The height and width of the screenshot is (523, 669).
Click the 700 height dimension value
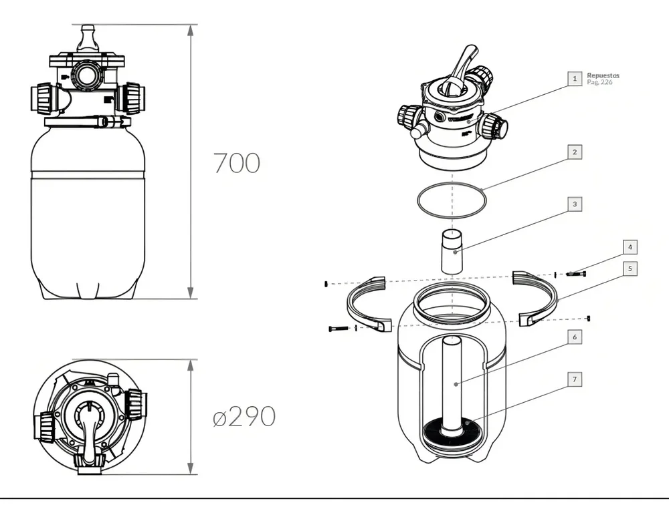pyautogui.click(x=236, y=163)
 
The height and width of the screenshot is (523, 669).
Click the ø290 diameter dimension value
pyautogui.click(x=244, y=417)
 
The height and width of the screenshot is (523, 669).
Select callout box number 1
pyautogui.click(x=574, y=78)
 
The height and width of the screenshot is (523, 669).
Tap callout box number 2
pyautogui.click(x=574, y=152)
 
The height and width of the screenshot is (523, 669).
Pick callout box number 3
pyautogui.click(x=574, y=203)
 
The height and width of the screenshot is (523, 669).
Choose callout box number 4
pyautogui.click(x=630, y=247)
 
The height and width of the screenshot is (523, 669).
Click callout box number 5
pyautogui.click(x=630, y=269)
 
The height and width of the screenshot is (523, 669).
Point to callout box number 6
pyautogui.click(x=574, y=337)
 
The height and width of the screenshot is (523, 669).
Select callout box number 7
pyautogui.click(x=574, y=379)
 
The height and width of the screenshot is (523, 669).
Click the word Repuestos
pyautogui.click(x=603, y=75)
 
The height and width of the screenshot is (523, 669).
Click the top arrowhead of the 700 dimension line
pyautogui.click(x=191, y=30)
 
